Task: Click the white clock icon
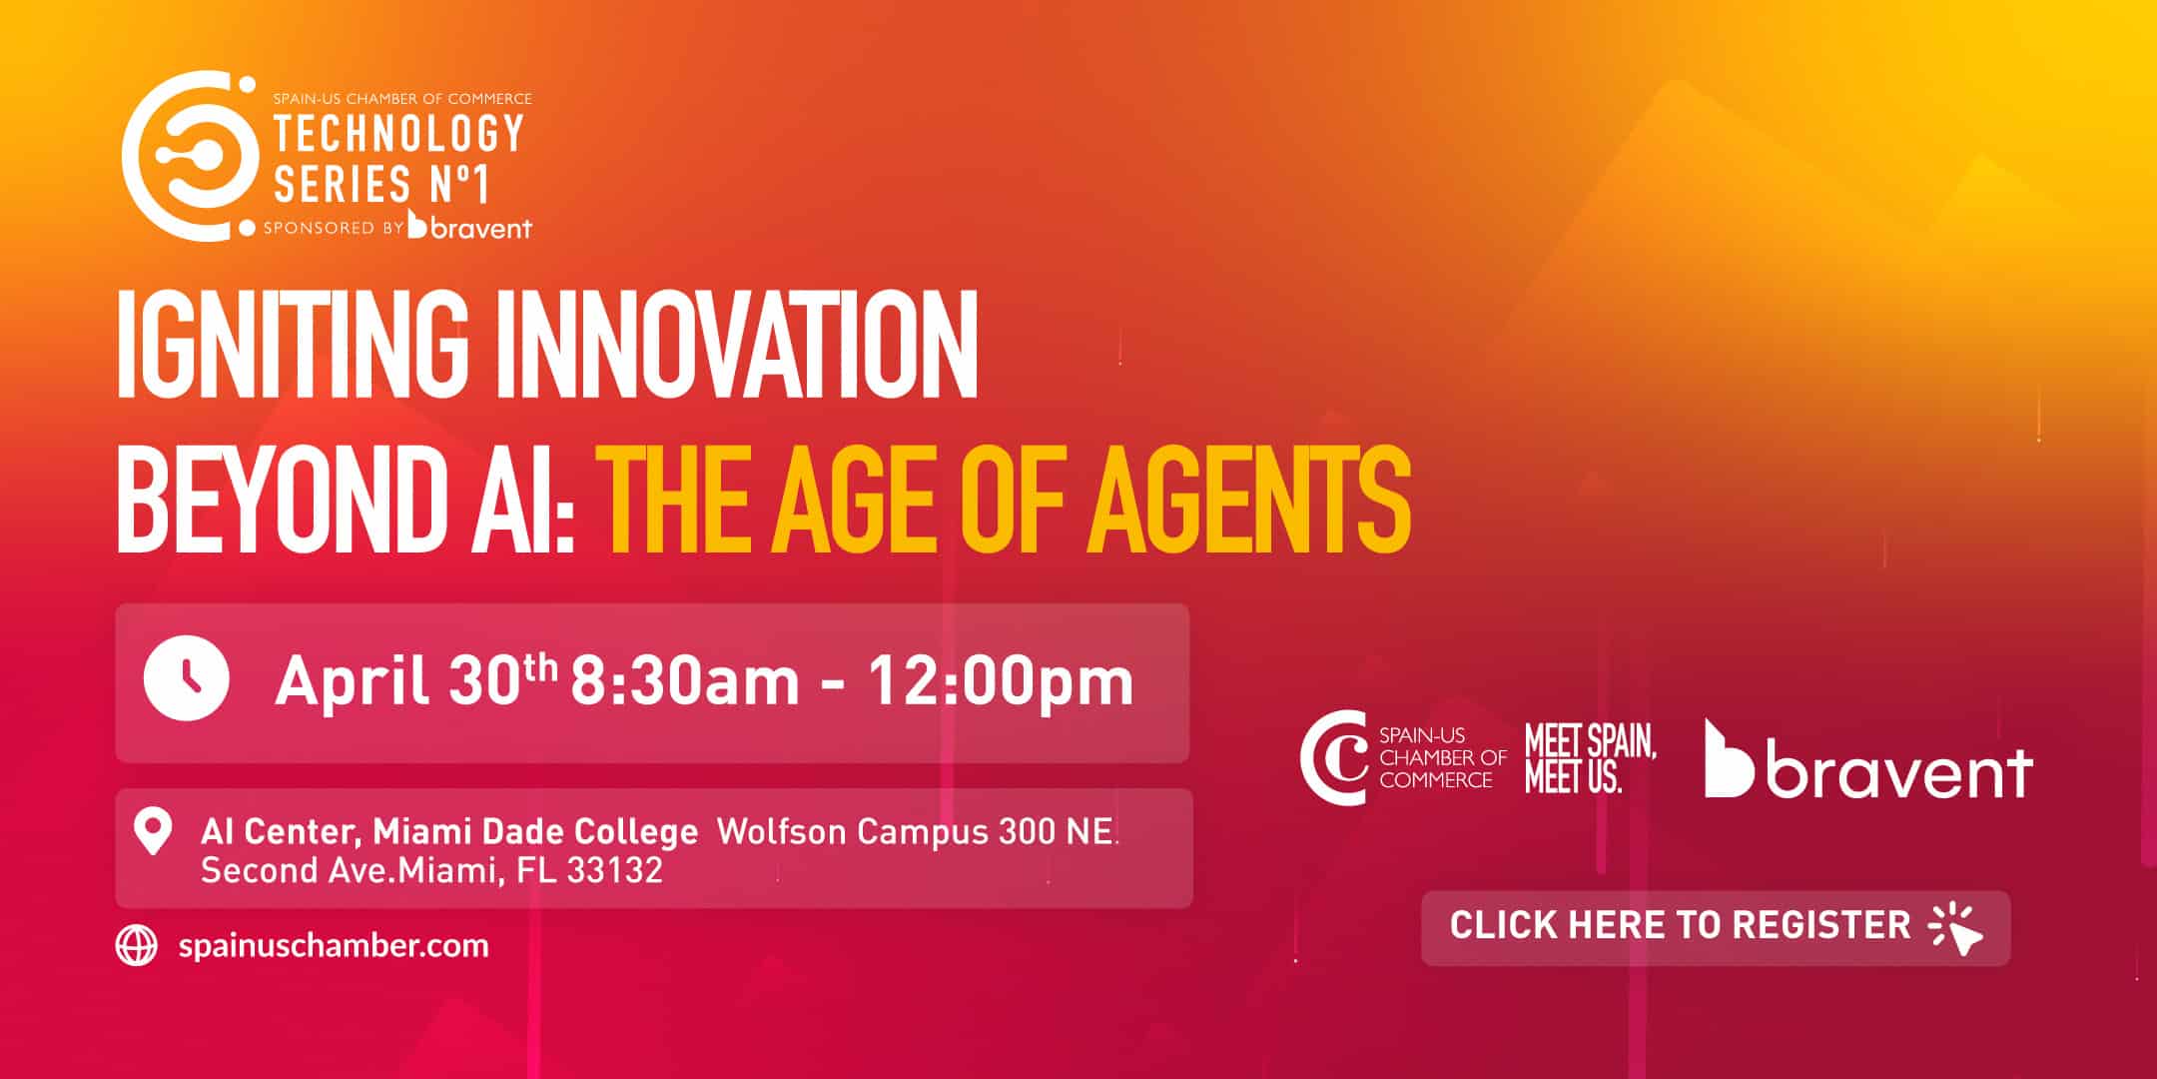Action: tap(187, 677)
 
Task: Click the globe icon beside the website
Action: tap(137, 945)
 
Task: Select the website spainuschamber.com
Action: tap(334, 945)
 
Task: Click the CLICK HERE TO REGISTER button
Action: tap(1716, 928)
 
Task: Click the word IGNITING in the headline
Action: tap(293, 346)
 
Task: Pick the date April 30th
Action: tap(416, 680)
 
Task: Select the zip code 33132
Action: tap(615, 871)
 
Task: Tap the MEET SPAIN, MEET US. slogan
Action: tap(1590, 758)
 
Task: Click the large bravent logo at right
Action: tap(1867, 759)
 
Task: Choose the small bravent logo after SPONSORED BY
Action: tap(470, 226)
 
